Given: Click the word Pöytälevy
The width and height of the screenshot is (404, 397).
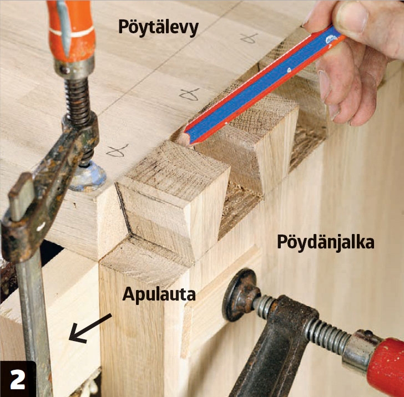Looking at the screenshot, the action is click(x=158, y=28).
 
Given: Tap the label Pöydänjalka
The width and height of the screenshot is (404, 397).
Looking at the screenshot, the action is click(x=326, y=242).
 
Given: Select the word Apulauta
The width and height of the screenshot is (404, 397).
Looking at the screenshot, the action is click(x=159, y=294).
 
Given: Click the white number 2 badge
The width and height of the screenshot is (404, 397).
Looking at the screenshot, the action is click(x=17, y=379).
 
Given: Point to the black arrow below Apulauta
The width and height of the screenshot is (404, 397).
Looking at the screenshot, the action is click(x=90, y=328).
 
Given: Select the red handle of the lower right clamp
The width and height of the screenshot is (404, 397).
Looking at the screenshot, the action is click(x=385, y=365).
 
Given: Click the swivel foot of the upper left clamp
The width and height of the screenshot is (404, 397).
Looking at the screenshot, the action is click(x=88, y=177).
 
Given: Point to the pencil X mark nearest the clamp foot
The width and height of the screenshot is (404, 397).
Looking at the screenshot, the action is click(x=117, y=151).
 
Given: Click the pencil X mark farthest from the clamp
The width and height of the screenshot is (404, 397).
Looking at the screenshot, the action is click(x=249, y=38).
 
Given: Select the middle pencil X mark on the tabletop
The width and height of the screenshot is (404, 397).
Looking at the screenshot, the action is click(x=189, y=94).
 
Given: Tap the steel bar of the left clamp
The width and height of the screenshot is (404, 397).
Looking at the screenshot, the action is click(x=33, y=324).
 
